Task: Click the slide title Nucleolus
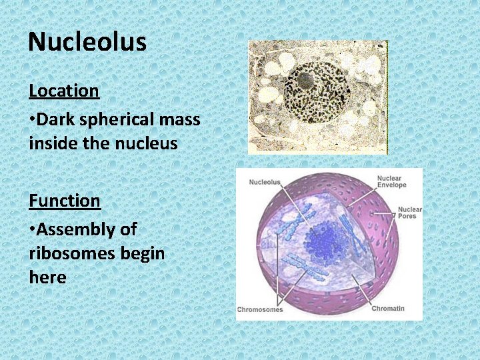pyautogui.click(x=87, y=42)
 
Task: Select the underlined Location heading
pyautogui.click(x=64, y=91)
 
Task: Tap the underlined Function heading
pyautogui.click(x=64, y=200)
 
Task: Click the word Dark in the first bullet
pyautogui.click(x=55, y=119)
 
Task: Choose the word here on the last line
pyautogui.click(x=47, y=277)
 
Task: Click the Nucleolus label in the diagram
pyautogui.click(x=265, y=182)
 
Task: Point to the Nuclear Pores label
pyautogui.click(x=409, y=213)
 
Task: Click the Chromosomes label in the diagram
pyautogui.click(x=260, y=309)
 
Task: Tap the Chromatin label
pyautogui.click(x=388, y=309)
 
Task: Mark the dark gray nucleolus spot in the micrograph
pyautogui.click(x=305, y=81)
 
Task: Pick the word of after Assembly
pyautogui.click(x=128, y=229)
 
